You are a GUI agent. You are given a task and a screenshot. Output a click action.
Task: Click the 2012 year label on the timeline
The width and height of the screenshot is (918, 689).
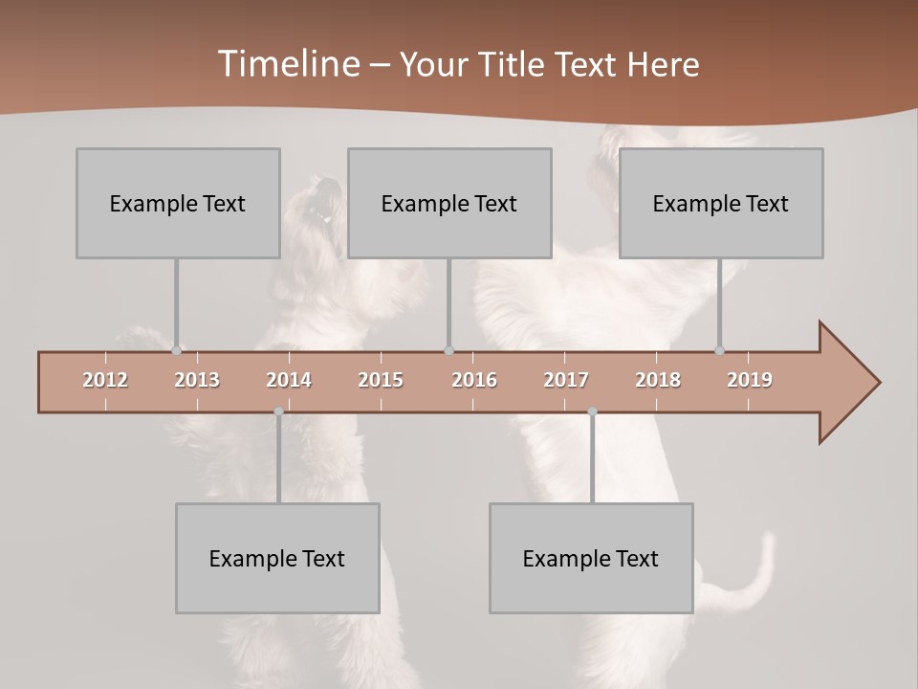click(105, 380)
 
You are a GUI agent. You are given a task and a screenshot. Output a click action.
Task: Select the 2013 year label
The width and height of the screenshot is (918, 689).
click(197, 380)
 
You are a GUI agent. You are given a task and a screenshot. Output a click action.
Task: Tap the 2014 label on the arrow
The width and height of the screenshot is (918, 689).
click(289, 380)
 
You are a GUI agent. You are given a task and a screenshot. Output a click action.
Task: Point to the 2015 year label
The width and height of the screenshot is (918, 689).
click(381, 380)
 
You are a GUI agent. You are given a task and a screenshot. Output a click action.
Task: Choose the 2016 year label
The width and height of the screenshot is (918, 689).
click(474, 380)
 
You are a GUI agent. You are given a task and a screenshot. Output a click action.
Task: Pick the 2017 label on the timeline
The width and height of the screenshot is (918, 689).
click(566, 380)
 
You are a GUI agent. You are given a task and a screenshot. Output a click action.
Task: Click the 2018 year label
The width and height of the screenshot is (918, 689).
click(658, 380)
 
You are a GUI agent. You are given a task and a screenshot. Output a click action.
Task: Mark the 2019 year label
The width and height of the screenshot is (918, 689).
click(750, 380)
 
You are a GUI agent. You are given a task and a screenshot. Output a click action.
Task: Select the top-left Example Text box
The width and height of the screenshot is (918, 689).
click(178, 203)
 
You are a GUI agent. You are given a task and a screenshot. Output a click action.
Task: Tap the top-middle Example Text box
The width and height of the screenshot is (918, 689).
click(449, 203)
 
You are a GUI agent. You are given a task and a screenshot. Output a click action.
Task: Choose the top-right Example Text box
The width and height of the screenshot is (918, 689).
click(721, 203)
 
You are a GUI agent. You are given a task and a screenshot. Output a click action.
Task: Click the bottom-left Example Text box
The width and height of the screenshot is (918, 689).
click(277, 558)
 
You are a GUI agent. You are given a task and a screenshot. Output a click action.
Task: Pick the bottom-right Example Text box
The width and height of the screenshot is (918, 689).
click(591, 558)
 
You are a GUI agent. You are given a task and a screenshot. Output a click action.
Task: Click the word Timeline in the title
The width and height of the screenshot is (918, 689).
click(288, 64)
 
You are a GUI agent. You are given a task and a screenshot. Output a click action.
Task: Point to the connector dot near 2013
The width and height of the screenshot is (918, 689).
click(176, 351)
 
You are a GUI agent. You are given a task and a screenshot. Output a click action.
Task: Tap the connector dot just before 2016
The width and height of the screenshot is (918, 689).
click(449, 351)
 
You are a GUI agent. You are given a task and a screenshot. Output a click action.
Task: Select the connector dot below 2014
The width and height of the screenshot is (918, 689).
click(278, 411)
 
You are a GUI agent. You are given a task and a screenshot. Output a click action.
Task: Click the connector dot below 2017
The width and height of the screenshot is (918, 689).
click(592, 411)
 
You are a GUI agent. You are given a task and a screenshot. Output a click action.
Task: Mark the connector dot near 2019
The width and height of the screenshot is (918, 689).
click(719, 351)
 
